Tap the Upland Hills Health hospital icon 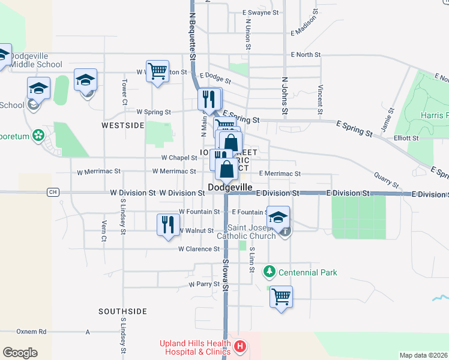click(x=240, y=346)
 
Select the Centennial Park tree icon click(x=270, y=272)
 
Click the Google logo click(x=20, y=353)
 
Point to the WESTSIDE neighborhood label click(x=122, y=125)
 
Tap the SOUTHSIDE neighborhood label click(x=123, y=311)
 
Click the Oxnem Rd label click(x=31, y=331)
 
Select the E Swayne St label click(x=261, y=12)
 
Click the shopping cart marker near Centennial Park click(x=281, y=296)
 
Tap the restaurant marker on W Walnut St click(x=166, y=224)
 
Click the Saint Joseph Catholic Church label click(x=252, y=232)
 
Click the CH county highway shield click(x=53, y=192)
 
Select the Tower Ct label click(x=124, y=89)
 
